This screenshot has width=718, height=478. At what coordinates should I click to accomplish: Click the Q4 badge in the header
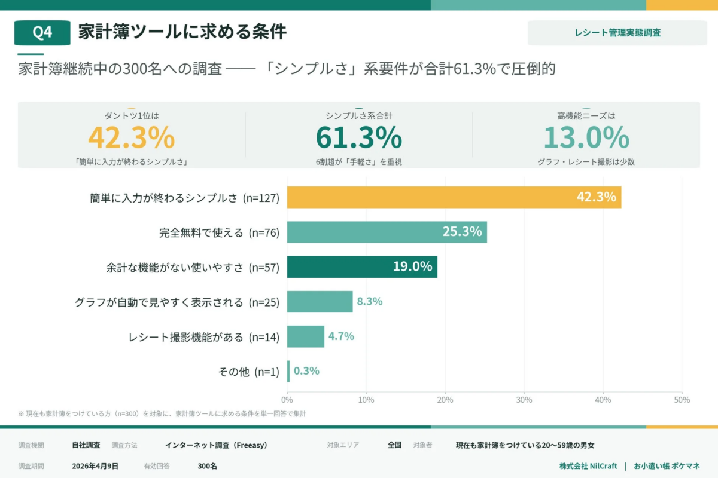tap(42, 33)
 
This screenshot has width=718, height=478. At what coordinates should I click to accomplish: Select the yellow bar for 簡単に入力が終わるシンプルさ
tap(454, 197)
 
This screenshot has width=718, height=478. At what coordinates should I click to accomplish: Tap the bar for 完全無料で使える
tap(387, 232)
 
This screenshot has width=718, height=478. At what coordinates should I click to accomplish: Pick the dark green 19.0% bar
tap(361, 267)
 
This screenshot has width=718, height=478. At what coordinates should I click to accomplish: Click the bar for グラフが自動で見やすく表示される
tap(320, 302)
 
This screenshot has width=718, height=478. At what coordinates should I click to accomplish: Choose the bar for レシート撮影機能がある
tap(305, 336)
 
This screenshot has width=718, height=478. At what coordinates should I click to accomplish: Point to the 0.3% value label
tap(306, 371)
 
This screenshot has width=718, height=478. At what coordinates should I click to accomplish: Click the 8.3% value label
tap(370, 302)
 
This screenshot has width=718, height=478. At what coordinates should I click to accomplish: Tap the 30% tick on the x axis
tap(524, 400)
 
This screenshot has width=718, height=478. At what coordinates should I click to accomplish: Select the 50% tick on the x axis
tap(682, 400)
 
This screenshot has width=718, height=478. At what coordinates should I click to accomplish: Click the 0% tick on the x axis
tap(287, 400)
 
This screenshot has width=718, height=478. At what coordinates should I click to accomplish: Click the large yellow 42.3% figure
tap(131, 138)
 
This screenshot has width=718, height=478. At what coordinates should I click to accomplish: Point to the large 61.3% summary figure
tap(358, 138)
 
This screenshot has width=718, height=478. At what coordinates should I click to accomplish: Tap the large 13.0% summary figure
tap(586, 138)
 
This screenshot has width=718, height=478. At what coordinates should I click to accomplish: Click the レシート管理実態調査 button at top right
tap(617, 33)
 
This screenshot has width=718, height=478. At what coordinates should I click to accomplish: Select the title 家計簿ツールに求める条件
tap(182, 32)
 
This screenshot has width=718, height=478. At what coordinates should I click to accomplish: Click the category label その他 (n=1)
tap(248, 372)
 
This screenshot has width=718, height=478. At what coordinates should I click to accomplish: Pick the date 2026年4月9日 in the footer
tap(95, 466)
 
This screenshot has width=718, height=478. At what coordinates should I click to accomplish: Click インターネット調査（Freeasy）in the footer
tap(216, 445)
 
